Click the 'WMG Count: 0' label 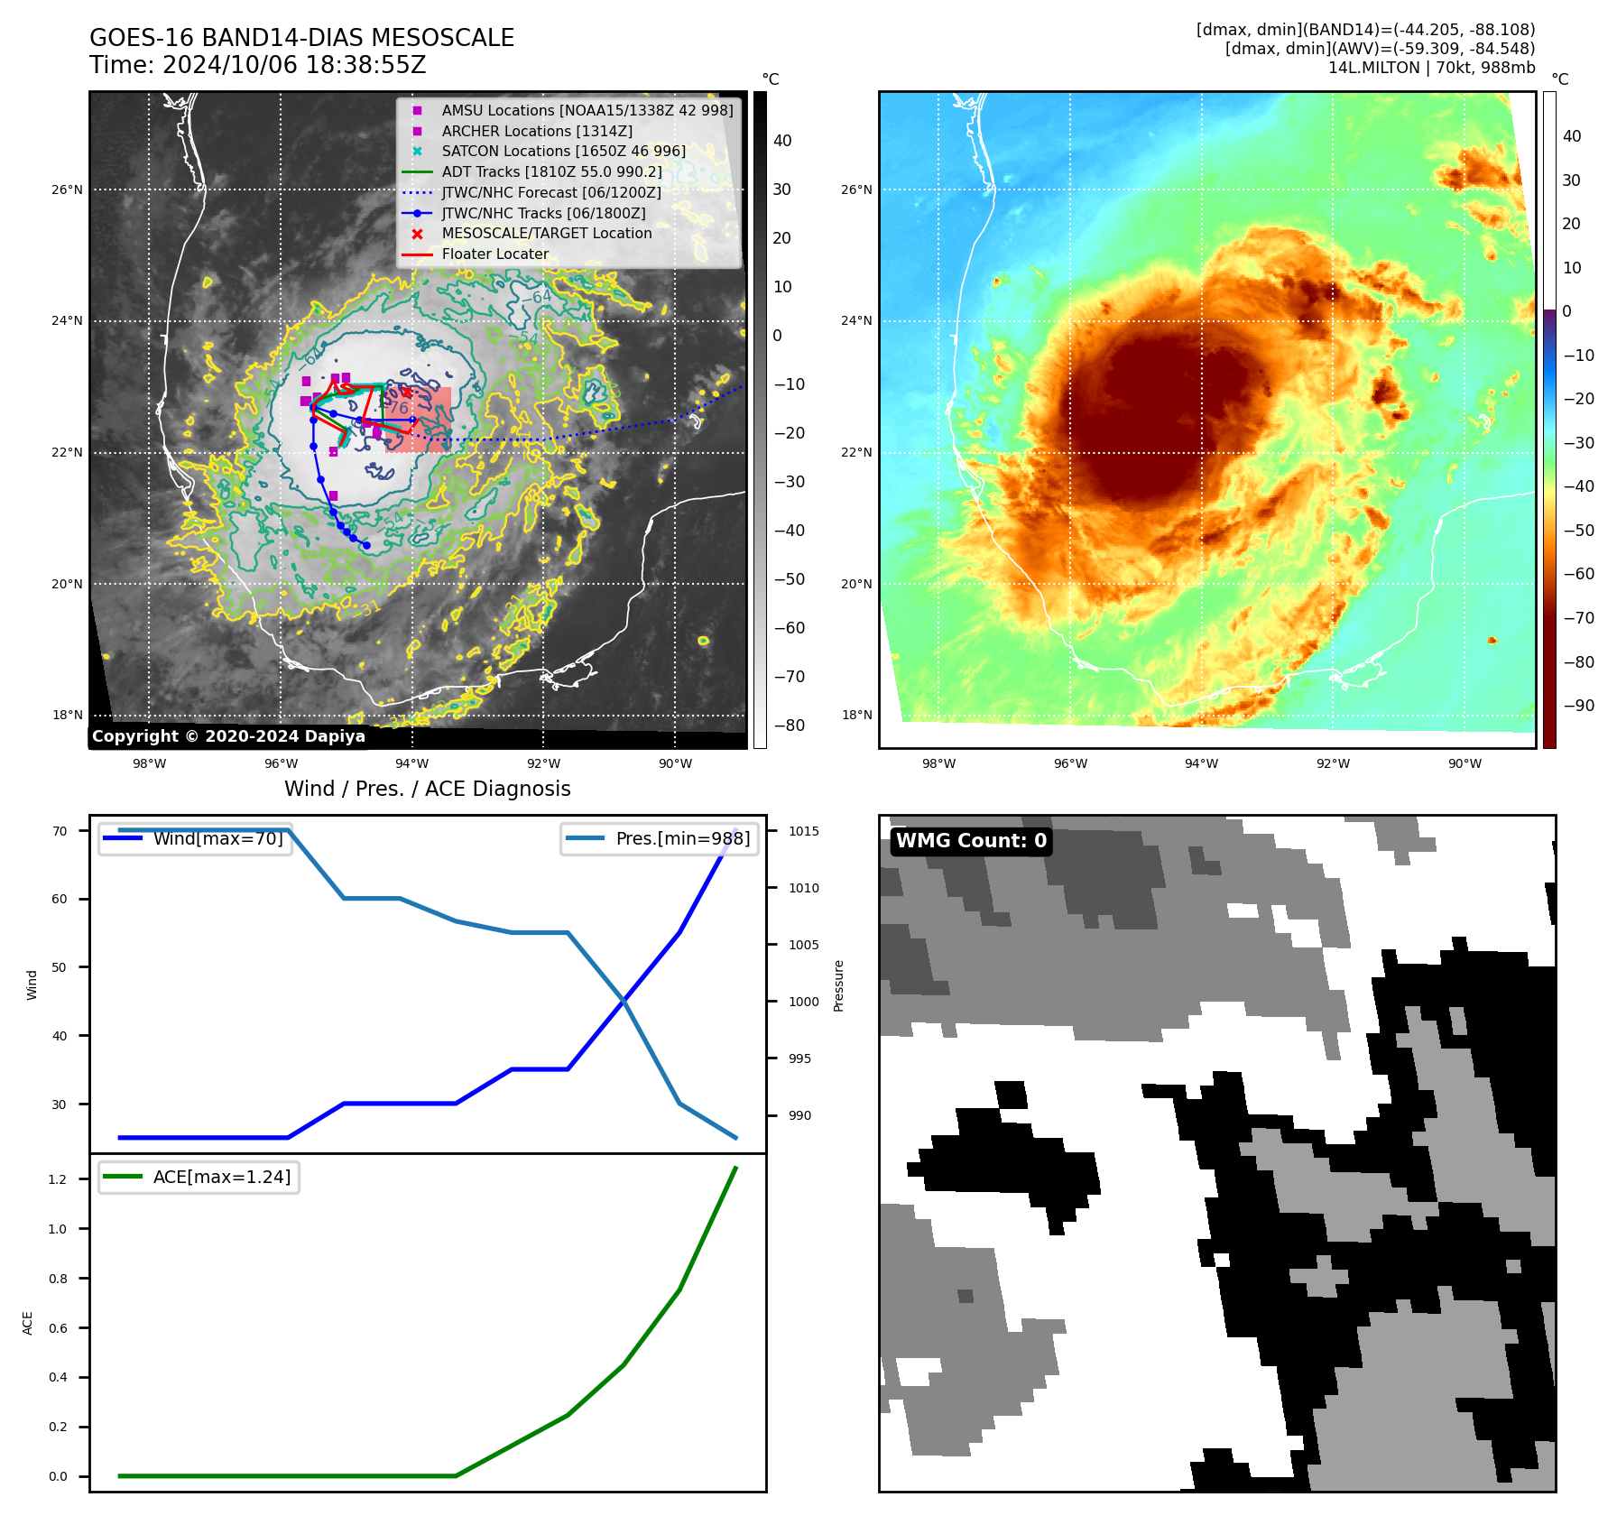tap(971, 841)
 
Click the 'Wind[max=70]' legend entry tap(217, 838)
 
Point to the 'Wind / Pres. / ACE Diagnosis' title tap(427, 789)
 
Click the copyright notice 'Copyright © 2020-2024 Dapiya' tap(228, 736)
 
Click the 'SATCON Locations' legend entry tap(563, 151)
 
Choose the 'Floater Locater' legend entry tap(494, 254)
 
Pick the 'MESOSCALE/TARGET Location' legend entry tap(546, 233)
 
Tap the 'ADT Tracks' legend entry tap(551, 171)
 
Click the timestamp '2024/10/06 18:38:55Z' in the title tap(294, 65)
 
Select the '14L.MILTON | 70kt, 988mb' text tap(1431, 68)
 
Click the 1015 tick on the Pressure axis tap(804, 831)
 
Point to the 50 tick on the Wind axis tap(60, 967)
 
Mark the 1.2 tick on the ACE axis tap(58, 1179)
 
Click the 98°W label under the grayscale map tap(149, 763)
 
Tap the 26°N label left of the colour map tap(856, 189)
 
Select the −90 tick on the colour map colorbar tap(1578, 706)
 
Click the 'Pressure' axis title tap(838, 985)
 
